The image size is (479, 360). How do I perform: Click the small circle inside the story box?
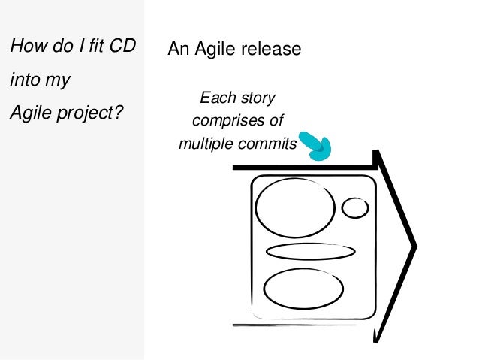coord(355,207)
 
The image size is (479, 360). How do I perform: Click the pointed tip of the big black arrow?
coord(414,246)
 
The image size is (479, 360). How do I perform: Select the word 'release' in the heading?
coord(270,50)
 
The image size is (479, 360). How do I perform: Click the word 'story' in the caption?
coord(258,98)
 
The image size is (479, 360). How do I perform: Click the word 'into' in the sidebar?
coord(22,80)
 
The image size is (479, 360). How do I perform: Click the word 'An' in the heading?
coord(177,50)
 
